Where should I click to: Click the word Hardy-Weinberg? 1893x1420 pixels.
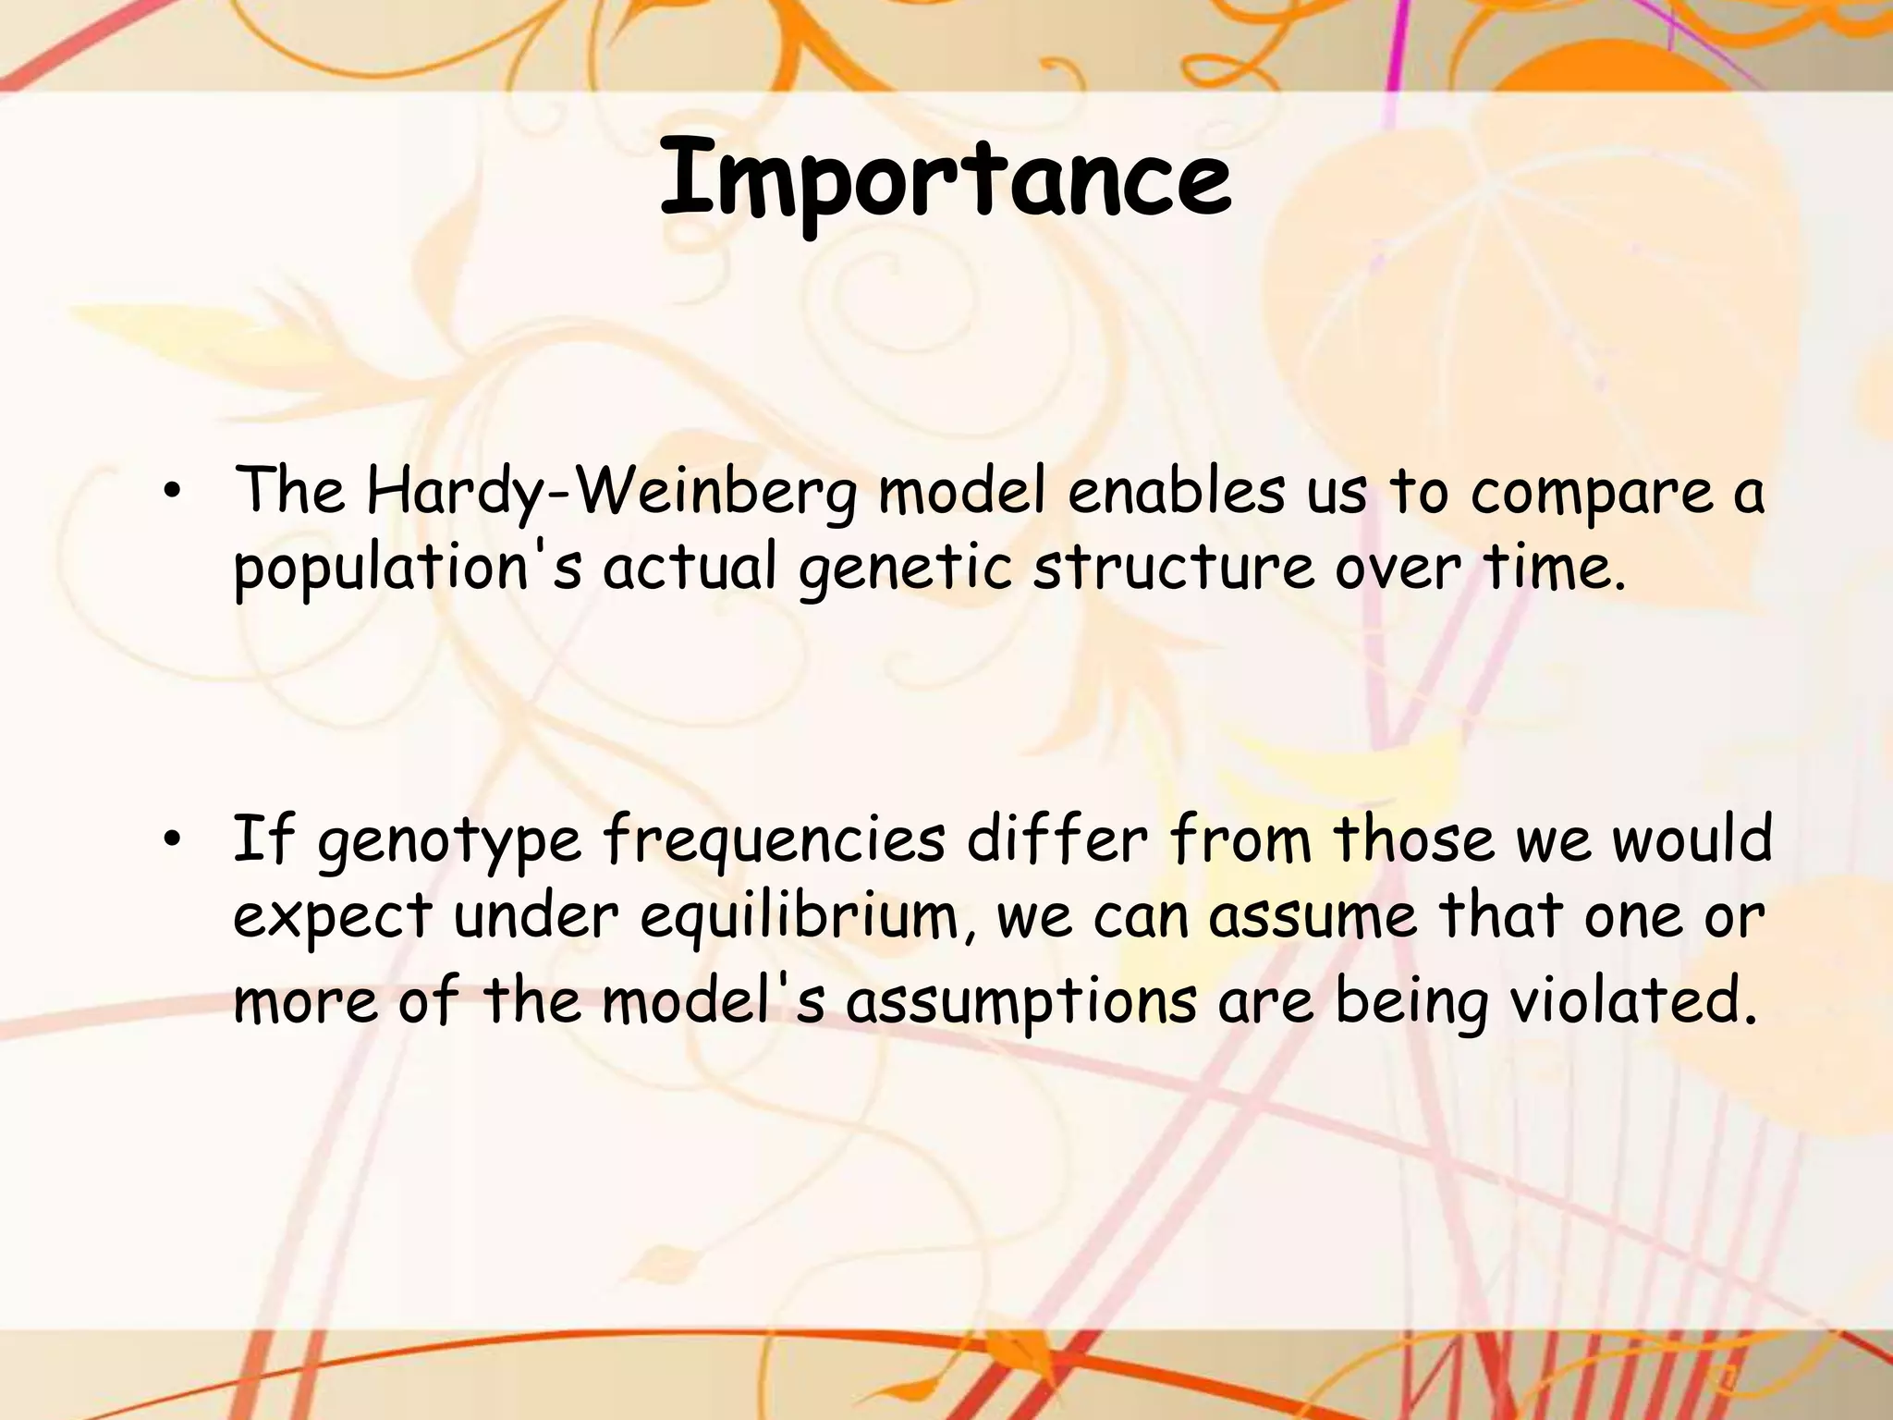pyautogui.click(x=610, y=492)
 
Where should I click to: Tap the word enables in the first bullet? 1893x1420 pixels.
pyautogui.click(x=1176, y=492)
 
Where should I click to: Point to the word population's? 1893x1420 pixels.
pyautogui.click(x=407, y=569)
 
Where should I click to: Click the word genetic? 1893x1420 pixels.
pyautogui.click(x=905, y=569)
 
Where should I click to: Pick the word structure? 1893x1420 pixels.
pyautogui.click(x=1172, y=567)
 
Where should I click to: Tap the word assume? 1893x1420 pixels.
pyautogui.click(x=1313, y=918)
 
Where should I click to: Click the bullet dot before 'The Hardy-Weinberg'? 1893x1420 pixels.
pyautogui.click(x=170, y=495)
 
